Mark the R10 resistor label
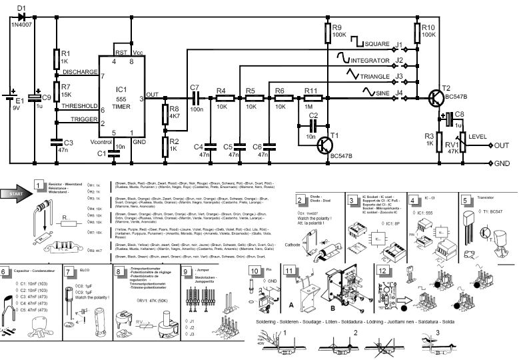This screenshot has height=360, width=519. [x=429, y=27]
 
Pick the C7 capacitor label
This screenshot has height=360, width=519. [x=195, y=88]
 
